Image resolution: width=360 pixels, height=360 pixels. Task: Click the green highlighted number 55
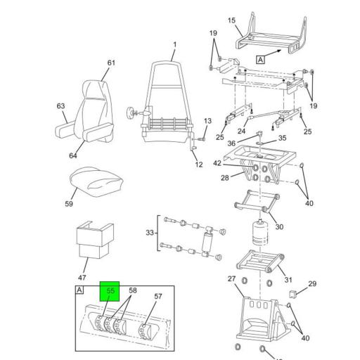tap(110, 290)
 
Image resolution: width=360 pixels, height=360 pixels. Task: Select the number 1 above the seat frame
tap(174, 46)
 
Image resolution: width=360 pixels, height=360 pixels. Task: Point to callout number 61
tap(110, 63)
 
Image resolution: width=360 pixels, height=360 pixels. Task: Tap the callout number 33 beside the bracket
tap(150, 233)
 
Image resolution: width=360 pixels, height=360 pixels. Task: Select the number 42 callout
tap(218, 164)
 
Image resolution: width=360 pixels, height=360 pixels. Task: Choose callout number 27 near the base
tap(231, 279)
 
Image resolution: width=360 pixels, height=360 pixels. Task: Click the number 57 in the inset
tap(157, 297)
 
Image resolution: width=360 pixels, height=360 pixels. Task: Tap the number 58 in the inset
tap(132, 290)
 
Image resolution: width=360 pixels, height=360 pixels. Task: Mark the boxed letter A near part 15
tap(261, 60)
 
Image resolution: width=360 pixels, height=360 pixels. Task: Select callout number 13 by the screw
tap(207, 122)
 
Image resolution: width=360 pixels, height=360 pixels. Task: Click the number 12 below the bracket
tap(199, 165)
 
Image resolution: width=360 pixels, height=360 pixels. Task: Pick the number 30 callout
tap(278, 227)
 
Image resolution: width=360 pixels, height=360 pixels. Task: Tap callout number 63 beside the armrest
tap(60, 107)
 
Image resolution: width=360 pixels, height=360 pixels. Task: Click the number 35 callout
tap(283, 139)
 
